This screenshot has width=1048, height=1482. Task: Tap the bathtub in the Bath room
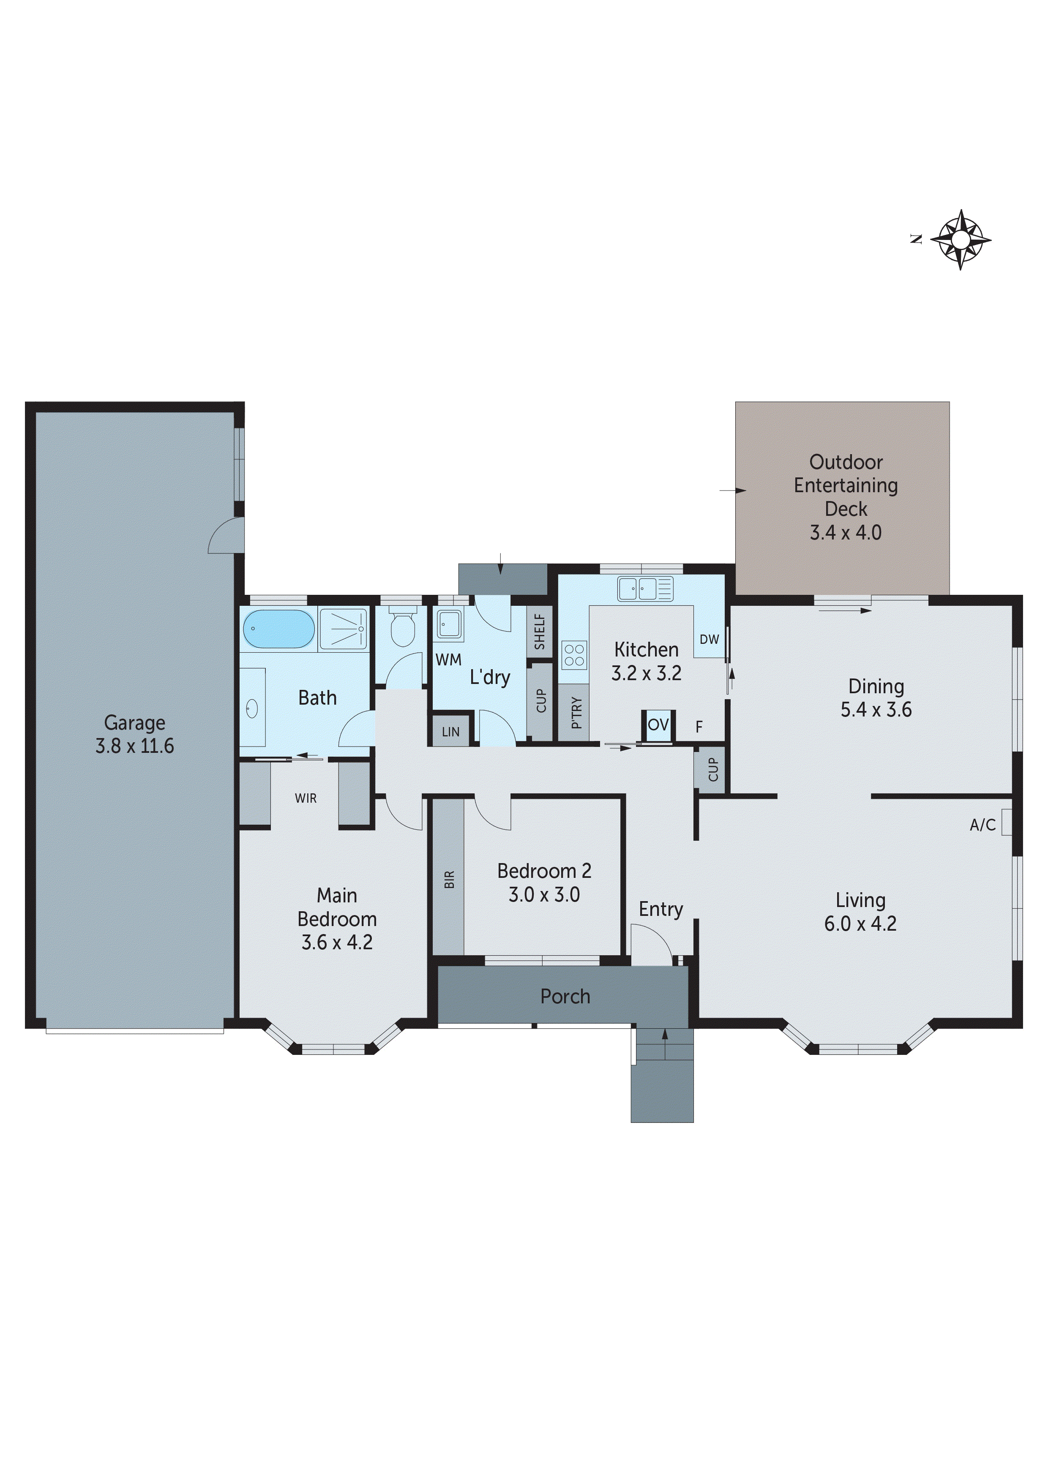[x=278, y=628]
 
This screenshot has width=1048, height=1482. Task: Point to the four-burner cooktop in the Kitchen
[x=574, y=655]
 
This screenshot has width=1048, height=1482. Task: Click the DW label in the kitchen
[x=709, y=639]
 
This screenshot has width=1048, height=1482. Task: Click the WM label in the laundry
[x=448, y=659]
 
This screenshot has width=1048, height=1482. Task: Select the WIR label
[x=306, y=798]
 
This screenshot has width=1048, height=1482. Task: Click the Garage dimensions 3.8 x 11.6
[x=134, y=746]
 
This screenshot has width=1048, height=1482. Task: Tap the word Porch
[x=565, y=996]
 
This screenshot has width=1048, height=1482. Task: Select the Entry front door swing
[x=652, y=944]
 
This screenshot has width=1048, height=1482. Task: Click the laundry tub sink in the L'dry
[x=450, y=624]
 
